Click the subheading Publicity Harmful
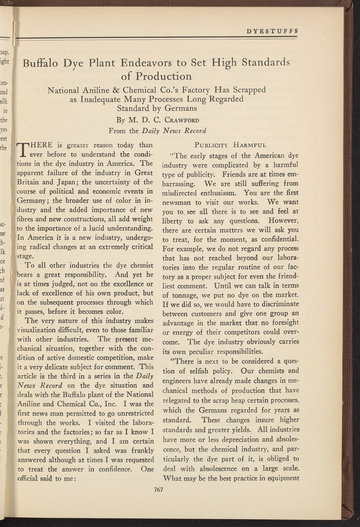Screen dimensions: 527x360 (x=230, y=146)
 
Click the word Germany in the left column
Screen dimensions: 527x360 (x=30, y=201)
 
